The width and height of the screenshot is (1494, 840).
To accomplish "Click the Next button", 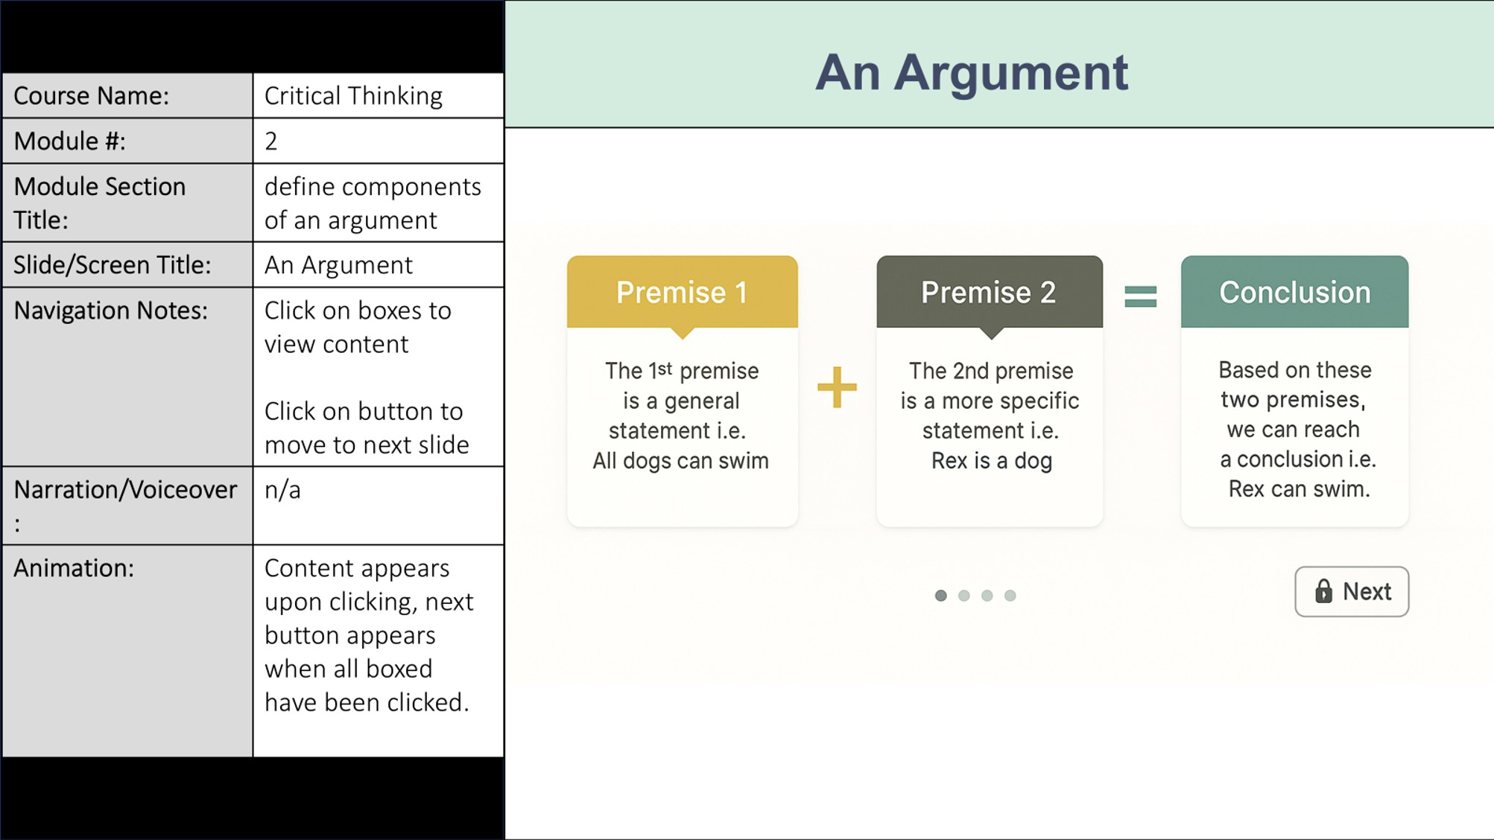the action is tap(1351, 591).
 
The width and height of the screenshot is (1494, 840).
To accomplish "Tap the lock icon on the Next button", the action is tap(1323, 591).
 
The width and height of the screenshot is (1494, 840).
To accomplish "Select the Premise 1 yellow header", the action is tap(682, 292).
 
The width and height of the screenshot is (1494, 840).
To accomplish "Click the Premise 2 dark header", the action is tap(989, 292).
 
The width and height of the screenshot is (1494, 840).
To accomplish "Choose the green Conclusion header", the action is tap(1294, 292).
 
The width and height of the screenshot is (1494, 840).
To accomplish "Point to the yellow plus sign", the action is tap(837, 387).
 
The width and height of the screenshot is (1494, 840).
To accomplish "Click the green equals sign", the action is tap(1140, 296).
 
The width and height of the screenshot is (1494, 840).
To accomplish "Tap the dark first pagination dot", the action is tap(940, 596).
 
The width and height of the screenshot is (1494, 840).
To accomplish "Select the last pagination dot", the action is tap(1010, 596).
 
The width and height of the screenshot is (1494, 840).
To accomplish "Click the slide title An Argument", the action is tap(972, 72).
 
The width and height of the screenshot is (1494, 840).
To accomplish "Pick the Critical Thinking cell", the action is tap(379, 95).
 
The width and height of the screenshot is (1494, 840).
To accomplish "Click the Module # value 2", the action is tap(271, 141).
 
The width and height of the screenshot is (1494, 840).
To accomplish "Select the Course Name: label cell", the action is tap(127, 95).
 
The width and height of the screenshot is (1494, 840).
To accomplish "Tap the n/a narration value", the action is tap(282, 490).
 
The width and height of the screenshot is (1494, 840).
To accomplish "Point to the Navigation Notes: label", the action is tap(110, 311).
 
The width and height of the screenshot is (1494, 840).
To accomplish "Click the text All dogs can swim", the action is tap(680, 461).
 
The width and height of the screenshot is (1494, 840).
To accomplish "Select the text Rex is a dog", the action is tap(991, 461).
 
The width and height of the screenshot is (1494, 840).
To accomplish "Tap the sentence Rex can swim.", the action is tap(1299, 489).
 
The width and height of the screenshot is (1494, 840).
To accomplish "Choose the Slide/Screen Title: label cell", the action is tap(127, 264).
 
